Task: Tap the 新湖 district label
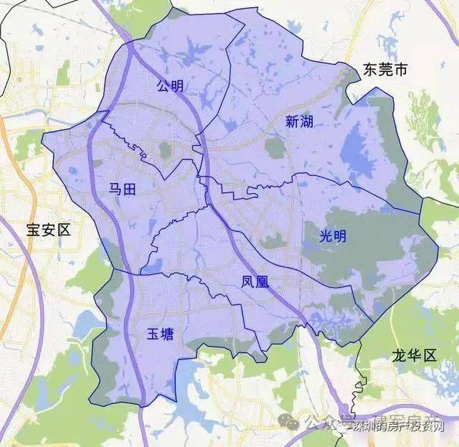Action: pos(299,122)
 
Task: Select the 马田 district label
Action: pos(122,189)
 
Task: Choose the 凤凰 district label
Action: pos(255,283)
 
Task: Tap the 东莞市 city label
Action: pos(385,70)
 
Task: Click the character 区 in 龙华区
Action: pos(430,355)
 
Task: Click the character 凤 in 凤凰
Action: pos(248,283)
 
